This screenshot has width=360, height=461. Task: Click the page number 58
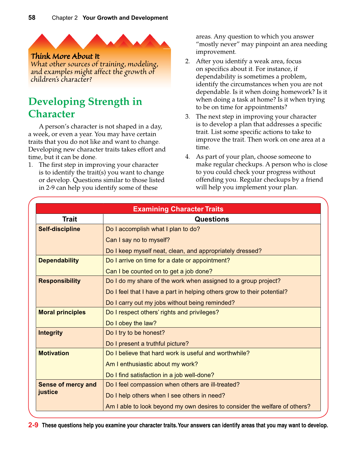pos(32,18)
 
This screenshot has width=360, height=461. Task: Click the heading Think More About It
pos(65,56)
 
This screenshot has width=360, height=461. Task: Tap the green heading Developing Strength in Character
pos(85,108)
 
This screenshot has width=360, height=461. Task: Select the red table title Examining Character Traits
pos(178,209)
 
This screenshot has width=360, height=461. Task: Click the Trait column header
pos(69,219)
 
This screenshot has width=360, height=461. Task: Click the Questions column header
pos(212,219)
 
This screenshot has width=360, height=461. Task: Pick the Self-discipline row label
pos(59,229)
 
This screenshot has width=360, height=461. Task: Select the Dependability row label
pos(59,261)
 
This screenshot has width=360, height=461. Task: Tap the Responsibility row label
pos(59,281)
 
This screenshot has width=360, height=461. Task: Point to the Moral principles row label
pos(62,312)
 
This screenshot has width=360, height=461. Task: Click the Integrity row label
pos(50,333)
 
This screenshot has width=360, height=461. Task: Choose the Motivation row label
pos(54,353)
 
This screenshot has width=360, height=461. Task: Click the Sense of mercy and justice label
pos(67,388)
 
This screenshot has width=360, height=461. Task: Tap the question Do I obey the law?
pos(131,323)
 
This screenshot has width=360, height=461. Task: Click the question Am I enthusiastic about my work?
pos(152,364)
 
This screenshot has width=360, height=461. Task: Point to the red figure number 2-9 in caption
pos(33,425)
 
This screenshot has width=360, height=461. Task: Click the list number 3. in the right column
pos(187,117)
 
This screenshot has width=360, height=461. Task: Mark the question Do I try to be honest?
pos(135,333)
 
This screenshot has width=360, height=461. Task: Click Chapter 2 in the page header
pos(64,18)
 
